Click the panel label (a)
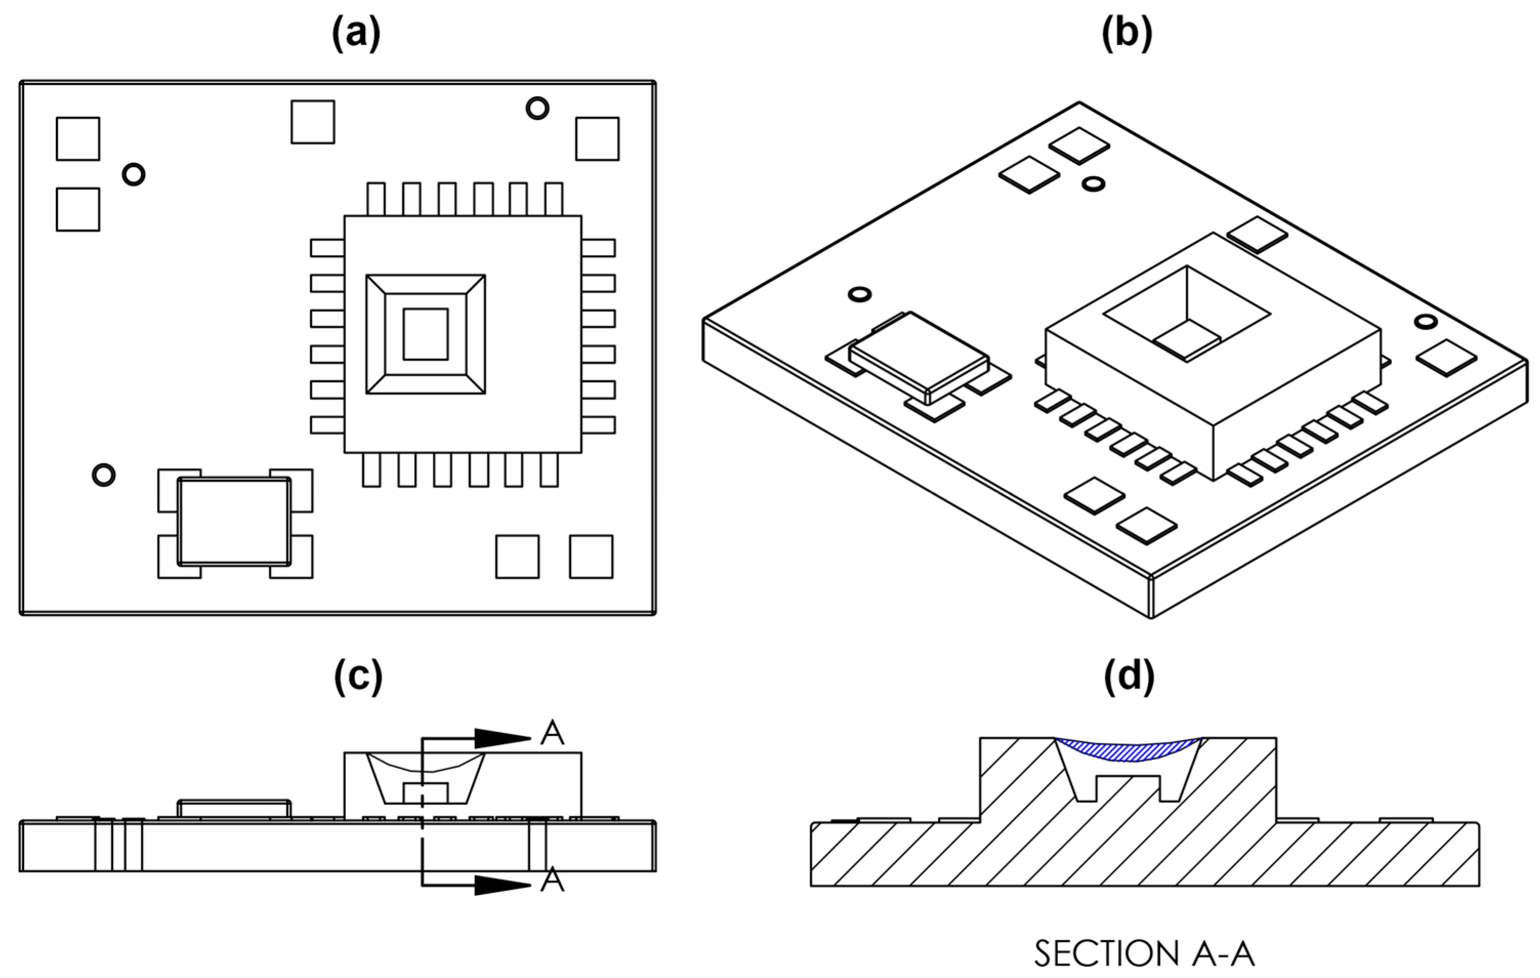coord(356,33)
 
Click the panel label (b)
coord(1127,33)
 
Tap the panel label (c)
coord(358,676)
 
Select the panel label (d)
coord(1129,676)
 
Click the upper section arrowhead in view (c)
coord(502,738)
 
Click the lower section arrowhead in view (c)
coord(502,885)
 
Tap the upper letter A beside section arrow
coord(552,733)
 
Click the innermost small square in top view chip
coord(425,334)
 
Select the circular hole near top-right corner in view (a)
coord(537,108)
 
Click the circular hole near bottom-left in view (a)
coord(103,474)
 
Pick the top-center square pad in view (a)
coord(313,121)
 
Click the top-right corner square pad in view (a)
coord(597,139)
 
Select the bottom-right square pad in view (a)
coord(591,556)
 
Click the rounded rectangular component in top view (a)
coord(234,522)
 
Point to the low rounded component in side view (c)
coord(234,808)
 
